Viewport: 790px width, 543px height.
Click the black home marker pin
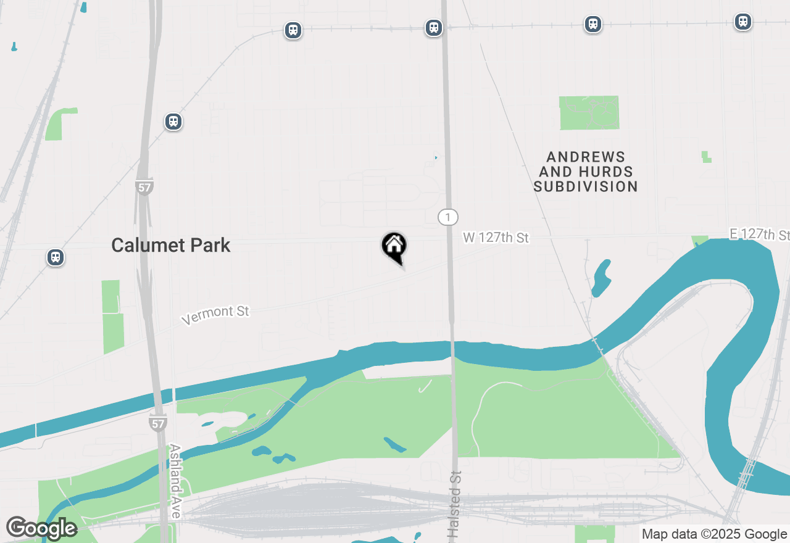[x=394, y=247]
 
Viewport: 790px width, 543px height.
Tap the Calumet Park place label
[x=171, y=245]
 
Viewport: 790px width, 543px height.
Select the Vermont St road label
[x=215, y=314]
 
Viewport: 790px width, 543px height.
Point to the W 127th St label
[x=496, y=238]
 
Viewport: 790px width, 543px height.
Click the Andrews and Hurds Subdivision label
[x=586, y=172]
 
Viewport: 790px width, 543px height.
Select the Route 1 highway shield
[x=448, y=217]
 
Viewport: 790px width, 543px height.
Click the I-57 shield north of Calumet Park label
[x=144, y=187]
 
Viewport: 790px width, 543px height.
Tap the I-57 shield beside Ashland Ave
[x=157, y=423]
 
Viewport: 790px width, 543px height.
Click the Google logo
[x=41, y=528]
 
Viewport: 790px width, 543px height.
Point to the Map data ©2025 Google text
[x=714, y=534]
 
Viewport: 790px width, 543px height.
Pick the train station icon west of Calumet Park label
[x=56, y=257]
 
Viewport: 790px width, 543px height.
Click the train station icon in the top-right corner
[x=742, y=22]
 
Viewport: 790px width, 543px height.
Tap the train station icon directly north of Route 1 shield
[x=434, y=28]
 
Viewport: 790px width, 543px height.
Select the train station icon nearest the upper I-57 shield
[x=173, y=122]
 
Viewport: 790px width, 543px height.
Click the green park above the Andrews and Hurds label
[x=589, y=113]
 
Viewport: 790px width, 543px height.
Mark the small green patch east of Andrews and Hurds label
[x=706, y=157]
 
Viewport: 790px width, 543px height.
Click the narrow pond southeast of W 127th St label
[x=601, y=278]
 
